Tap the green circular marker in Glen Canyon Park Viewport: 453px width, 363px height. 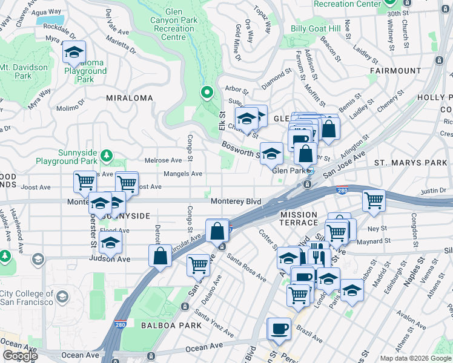tap(207, 93)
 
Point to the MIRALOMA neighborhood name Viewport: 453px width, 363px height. tap(129, 97)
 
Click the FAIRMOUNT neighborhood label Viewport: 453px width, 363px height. tap(394, 71)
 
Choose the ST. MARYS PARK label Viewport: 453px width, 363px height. tap(410, 162)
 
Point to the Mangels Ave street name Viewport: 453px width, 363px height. tap(183, 174)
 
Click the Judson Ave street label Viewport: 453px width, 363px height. tap(110, 259)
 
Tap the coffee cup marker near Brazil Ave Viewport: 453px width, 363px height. tap(279, 329)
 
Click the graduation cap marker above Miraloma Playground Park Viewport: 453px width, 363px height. tap(74, 52)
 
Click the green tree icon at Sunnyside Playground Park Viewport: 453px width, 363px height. tap(107, 155)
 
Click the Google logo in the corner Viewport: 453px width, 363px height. tap(20, 356)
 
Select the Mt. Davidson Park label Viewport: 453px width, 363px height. tap(16, 71)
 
